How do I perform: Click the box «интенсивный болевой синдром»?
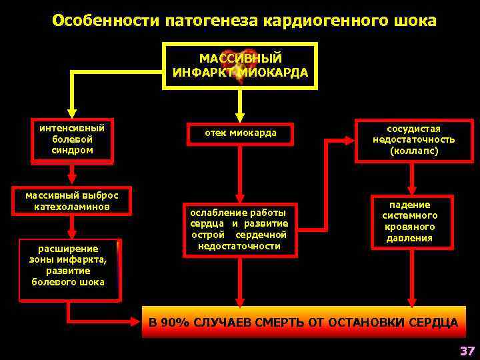pos(71,139)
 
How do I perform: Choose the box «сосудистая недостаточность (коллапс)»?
pos(413,139)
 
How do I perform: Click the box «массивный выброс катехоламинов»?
pos(71,201)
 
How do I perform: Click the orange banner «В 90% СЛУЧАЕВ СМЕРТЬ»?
pos(303,323)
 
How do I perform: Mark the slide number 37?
pos(466,351)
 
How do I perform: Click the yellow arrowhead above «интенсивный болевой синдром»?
pos(71,113)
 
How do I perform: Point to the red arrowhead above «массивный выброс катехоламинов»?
pos(71,179)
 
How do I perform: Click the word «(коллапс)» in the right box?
pos(413,151)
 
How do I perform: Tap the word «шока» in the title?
pos(416,21)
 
